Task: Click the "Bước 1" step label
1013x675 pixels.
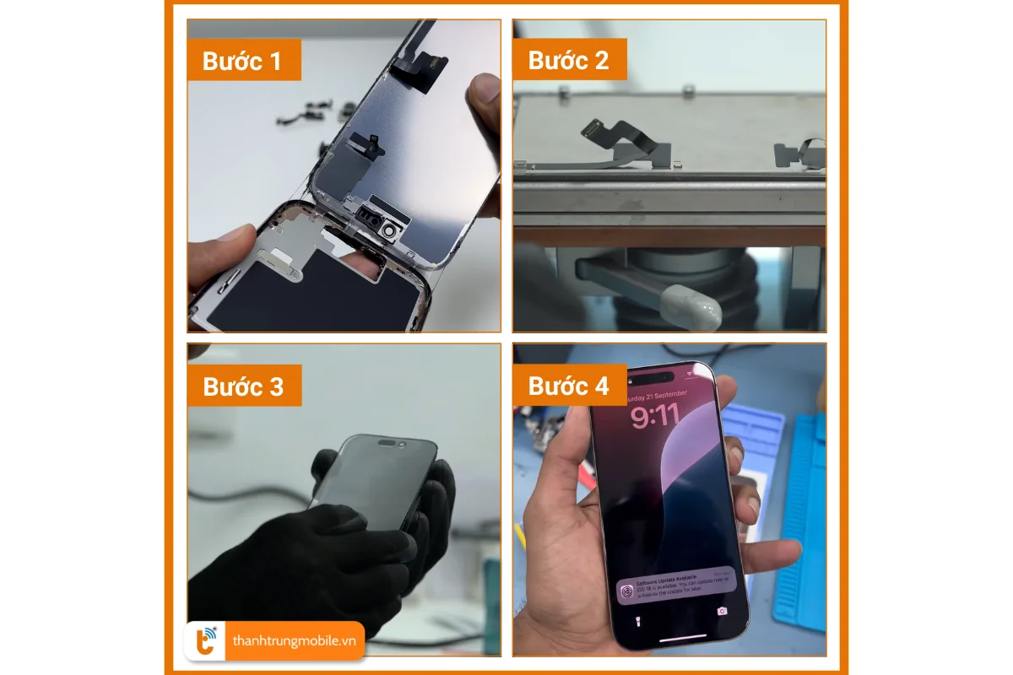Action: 243,61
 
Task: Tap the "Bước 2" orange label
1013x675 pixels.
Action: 568,61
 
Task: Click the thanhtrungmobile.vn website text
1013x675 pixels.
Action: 294,642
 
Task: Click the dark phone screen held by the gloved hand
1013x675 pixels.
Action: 371,481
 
